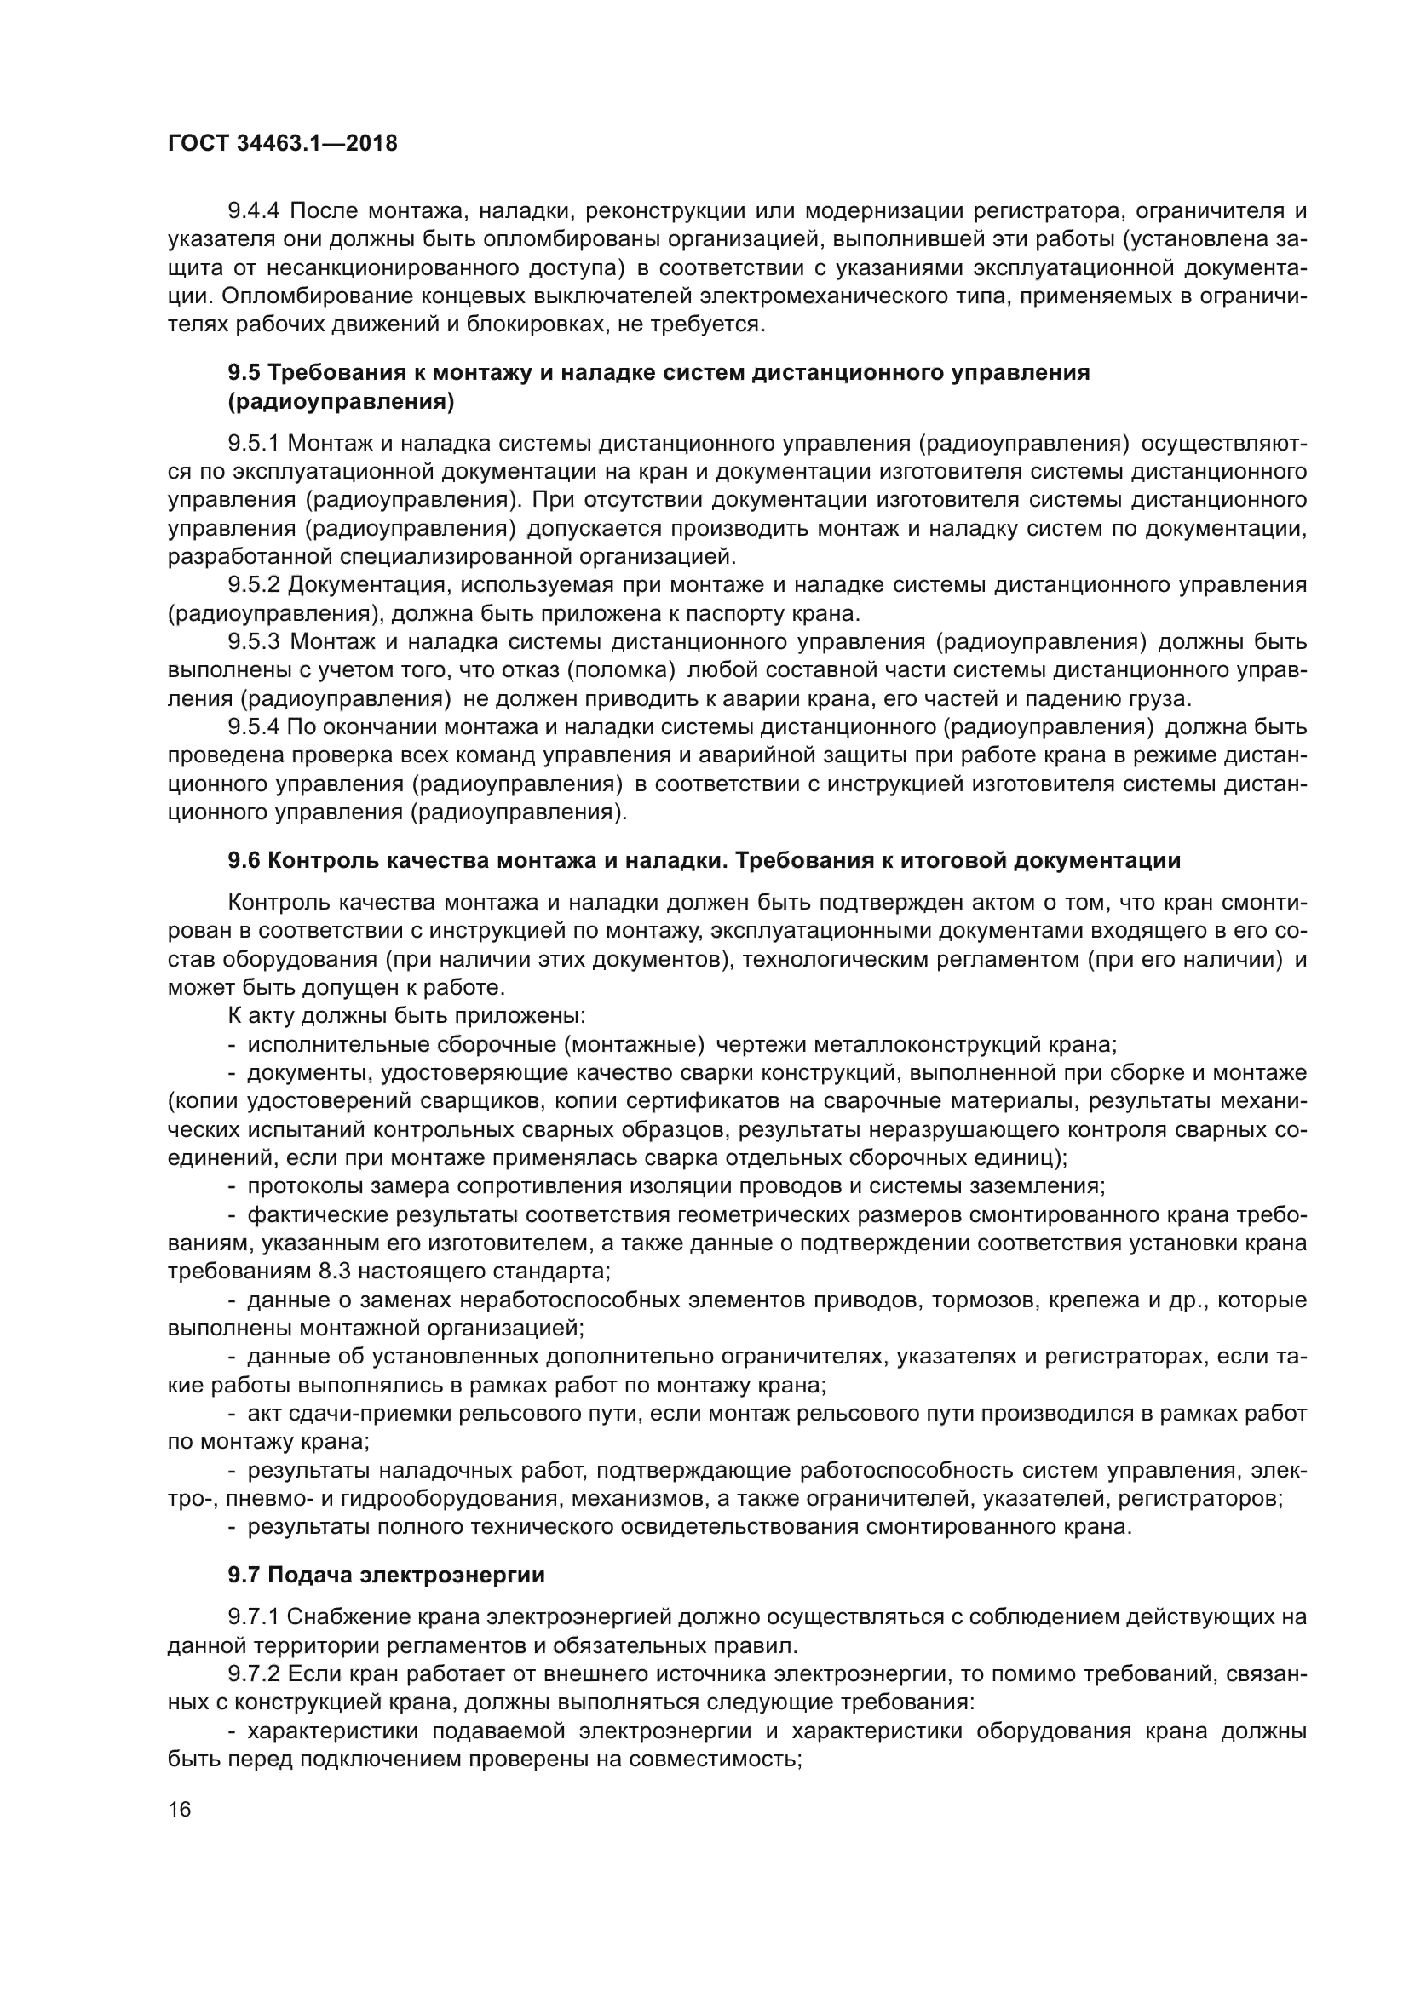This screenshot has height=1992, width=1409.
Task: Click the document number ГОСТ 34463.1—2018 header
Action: click(x=283, y=143)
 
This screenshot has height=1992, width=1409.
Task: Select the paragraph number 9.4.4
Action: click(x=254, y=211)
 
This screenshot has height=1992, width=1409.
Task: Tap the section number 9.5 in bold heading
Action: click(x=244, y=373)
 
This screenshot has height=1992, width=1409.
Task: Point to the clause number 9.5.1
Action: click(x=253, y=444)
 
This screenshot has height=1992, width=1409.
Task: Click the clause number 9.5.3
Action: click(x=253, y=642)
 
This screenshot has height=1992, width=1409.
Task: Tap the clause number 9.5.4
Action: click(x=253, y=727)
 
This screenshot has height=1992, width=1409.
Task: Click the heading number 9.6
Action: click(x=244, y=861)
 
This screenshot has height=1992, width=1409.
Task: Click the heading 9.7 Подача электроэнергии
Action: click(x=386, y=1575)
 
